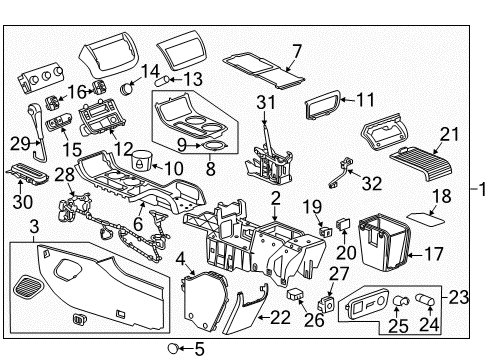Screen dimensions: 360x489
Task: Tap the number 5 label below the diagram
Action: (x=199, y=349)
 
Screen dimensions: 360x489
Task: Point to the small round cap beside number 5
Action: (x=174, y=349)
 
